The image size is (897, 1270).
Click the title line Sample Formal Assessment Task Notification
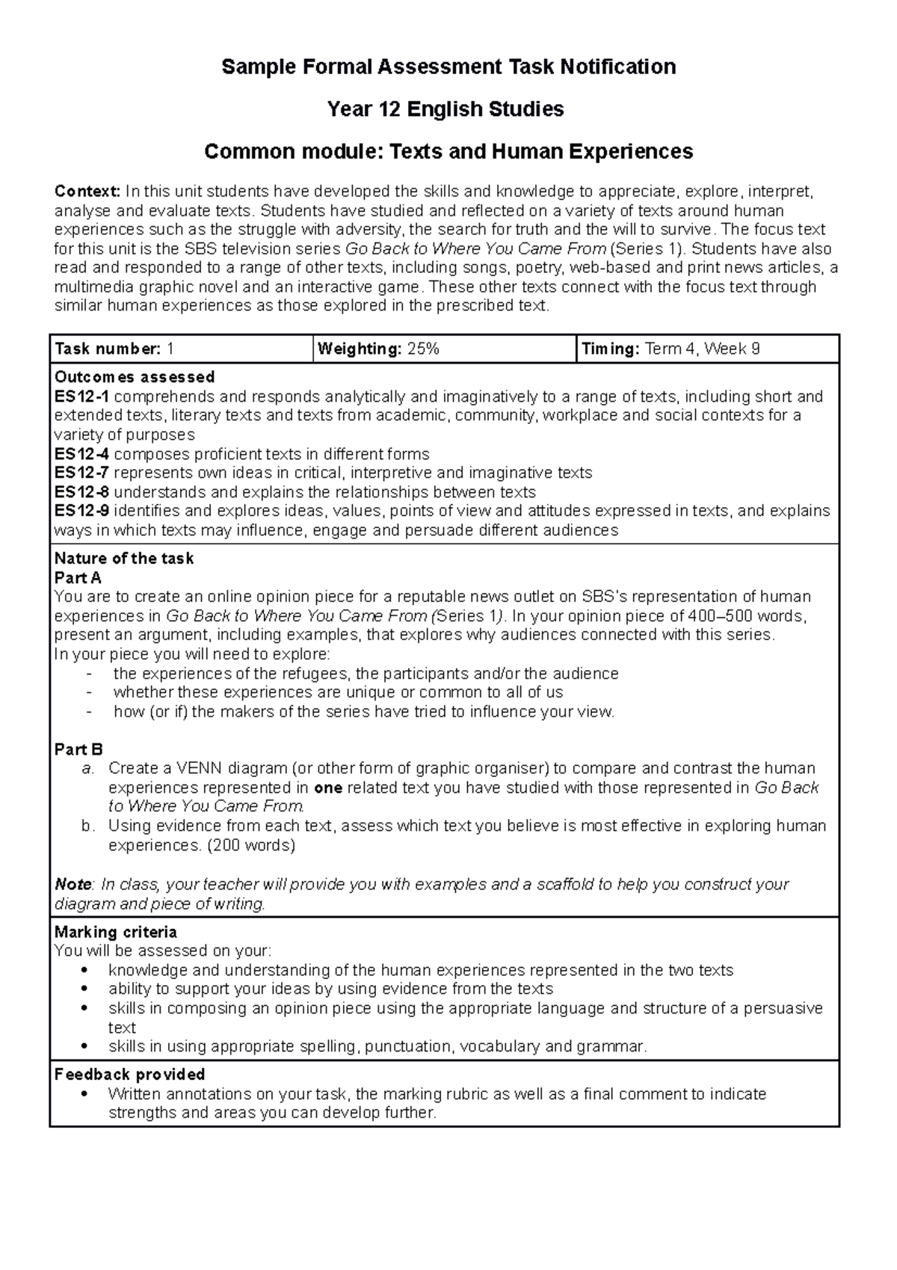[449, 67]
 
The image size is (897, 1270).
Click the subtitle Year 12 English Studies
[446, 110]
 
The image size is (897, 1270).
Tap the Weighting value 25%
[423, 349]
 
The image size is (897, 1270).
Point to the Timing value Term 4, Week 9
[702, 349]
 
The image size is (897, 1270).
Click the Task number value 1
[170, 349]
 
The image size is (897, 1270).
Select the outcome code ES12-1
[81, 396]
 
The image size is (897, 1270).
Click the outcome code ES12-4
[81, 454]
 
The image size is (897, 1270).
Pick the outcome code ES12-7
[81, 473]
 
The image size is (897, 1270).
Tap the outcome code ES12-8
[81, 492]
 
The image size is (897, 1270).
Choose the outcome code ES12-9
[81, 511]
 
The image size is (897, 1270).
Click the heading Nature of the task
[124, 559]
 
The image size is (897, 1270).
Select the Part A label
[78, 578]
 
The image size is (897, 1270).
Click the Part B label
[78, 749]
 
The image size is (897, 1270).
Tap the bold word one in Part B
[328, 788]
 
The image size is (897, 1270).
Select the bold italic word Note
[73, 884]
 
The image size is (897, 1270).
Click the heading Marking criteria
[116, 932]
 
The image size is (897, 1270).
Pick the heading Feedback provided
[130, 1075]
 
